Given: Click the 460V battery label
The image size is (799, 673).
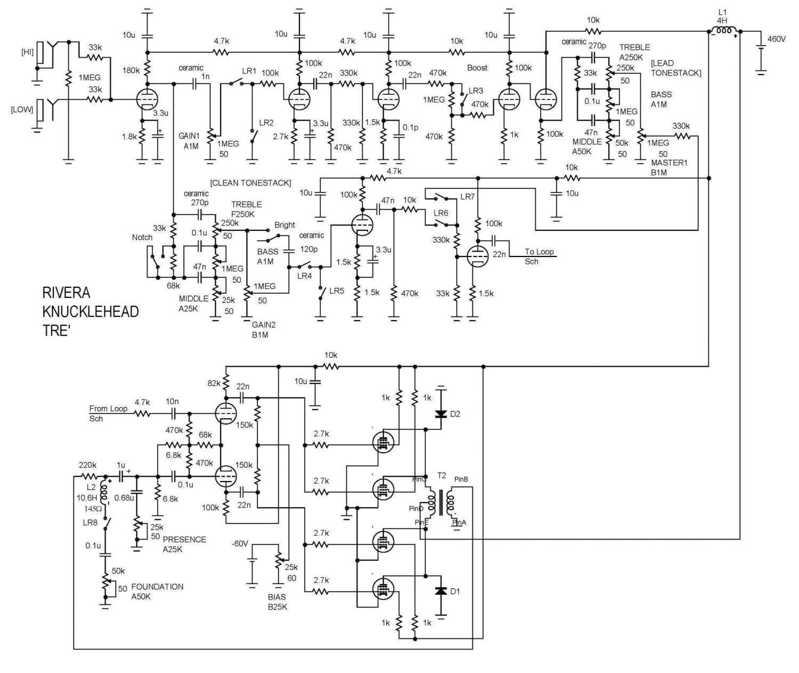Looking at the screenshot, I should point(776,39).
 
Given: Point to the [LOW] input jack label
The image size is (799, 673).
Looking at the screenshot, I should point(22,110).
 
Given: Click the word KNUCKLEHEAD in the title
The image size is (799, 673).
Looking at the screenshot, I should point(90,311).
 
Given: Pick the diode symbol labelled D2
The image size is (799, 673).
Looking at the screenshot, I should point(441,413).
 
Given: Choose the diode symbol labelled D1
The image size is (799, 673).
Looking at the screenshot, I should point(441,591).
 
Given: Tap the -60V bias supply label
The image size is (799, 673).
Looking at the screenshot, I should point(240,543).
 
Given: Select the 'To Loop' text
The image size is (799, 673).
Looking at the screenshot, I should point(539,252).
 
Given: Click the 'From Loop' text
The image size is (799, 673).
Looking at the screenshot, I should point(108,409).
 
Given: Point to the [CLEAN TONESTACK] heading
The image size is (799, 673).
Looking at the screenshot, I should point(250,182).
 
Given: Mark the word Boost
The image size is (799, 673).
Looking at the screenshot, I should point(477,68).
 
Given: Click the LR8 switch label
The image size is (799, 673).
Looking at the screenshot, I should point(90,522).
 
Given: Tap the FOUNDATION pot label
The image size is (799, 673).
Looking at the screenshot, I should point(157,586).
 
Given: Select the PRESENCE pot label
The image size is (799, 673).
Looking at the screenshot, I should point(184,539).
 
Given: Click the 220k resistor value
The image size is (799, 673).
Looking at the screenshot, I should point(87,465).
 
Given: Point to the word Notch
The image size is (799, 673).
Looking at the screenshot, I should point(142,237).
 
